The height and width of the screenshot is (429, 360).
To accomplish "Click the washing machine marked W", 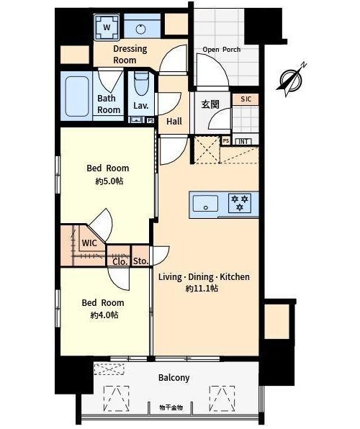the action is [107, 27].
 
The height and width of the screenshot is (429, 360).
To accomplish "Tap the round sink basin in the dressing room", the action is [140, 29].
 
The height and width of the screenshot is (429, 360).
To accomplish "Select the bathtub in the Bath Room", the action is [77, 96].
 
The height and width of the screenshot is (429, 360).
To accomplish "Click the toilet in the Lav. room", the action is [141, 83].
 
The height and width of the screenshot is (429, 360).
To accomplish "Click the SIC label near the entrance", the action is [246, 99].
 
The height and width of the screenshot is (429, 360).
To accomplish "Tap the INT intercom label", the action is [243, 142].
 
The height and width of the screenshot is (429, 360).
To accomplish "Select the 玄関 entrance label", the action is [210, 104].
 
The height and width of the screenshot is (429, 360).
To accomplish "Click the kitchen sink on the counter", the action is [206, 204].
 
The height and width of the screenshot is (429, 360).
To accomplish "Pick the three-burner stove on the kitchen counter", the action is [240, 203].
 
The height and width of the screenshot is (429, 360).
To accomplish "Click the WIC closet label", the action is [89, 243].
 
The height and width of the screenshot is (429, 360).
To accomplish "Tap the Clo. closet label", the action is [120, 262].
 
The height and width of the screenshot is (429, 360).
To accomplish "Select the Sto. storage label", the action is [140, 261].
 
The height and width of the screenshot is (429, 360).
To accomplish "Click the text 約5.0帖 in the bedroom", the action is [109, 181].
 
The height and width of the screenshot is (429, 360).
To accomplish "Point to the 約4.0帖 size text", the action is [104, 315].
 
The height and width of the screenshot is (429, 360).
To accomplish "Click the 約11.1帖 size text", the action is [202, 289].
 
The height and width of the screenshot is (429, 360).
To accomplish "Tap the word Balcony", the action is [174, 378].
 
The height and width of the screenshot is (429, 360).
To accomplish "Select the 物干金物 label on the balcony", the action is [171, 407].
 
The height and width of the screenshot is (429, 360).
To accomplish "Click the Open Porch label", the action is [222, 50].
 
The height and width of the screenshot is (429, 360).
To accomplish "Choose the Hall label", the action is [174, 122].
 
